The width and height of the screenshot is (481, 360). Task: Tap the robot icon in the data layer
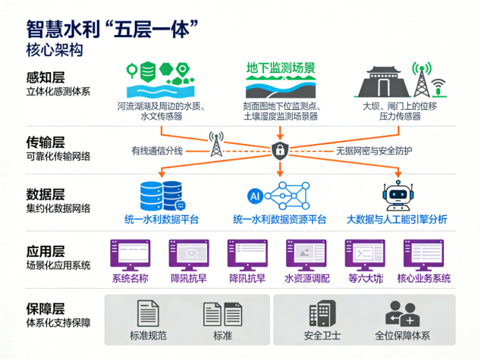pyautogui.click(x=395, y=195)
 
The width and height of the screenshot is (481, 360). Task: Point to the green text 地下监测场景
pyautogui.click(x=279, y=67)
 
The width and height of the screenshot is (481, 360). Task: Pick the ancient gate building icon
pyautogui.click(x=388, y=79)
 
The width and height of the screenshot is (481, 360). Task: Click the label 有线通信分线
pyautogui.click(x=157, y=150)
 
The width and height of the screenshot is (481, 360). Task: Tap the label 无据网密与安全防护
pyautogui.click(x=374, y=151)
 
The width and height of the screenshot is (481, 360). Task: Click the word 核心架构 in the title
pyautogui.click(x=53, y=50)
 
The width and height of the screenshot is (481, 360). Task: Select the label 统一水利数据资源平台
pyautogui.click(x=279, y=219)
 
